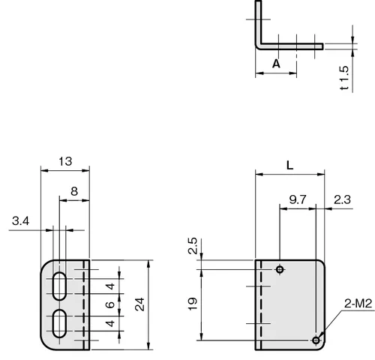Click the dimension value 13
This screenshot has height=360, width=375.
tap(65, 161)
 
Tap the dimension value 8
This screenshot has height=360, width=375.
tap(74, 191)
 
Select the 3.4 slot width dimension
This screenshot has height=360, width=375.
tap(20, 221)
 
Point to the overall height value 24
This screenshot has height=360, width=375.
tap(139, 304)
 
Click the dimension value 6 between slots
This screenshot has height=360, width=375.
tap(110, 304)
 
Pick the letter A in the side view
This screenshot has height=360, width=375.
tap(276, 64)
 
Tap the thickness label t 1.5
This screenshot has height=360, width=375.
tap(344, 78)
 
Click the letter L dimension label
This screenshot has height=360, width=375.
tap(289, 165)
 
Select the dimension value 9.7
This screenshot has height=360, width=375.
tap(298, 199)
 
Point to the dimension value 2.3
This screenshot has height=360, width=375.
tap(342, 199)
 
